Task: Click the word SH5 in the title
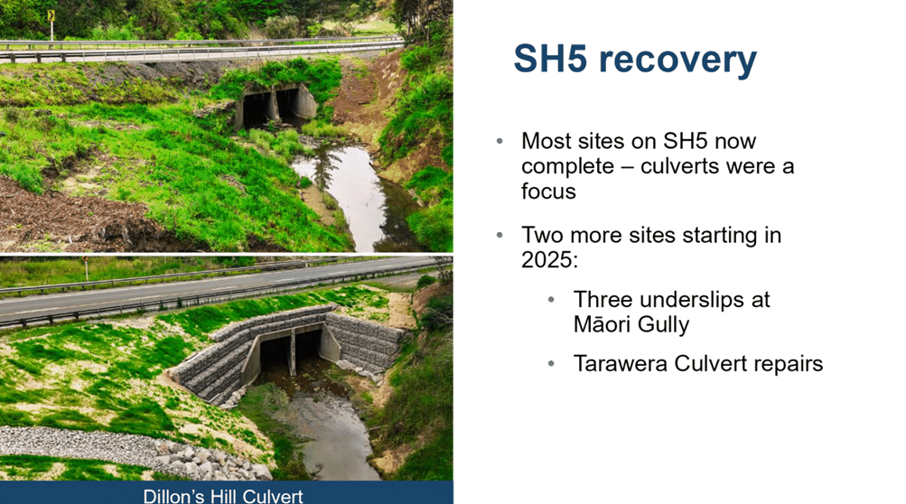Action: point(551,59)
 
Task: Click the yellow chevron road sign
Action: point(51,15)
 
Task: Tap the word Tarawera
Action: point(620,364)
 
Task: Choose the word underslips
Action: point(692,301)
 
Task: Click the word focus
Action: point(548,191)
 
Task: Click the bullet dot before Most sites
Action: point(500,141)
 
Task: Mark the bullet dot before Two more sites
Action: point(500,235)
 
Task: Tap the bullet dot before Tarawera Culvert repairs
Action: point(551,364)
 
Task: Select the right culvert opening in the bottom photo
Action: point(307,350)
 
